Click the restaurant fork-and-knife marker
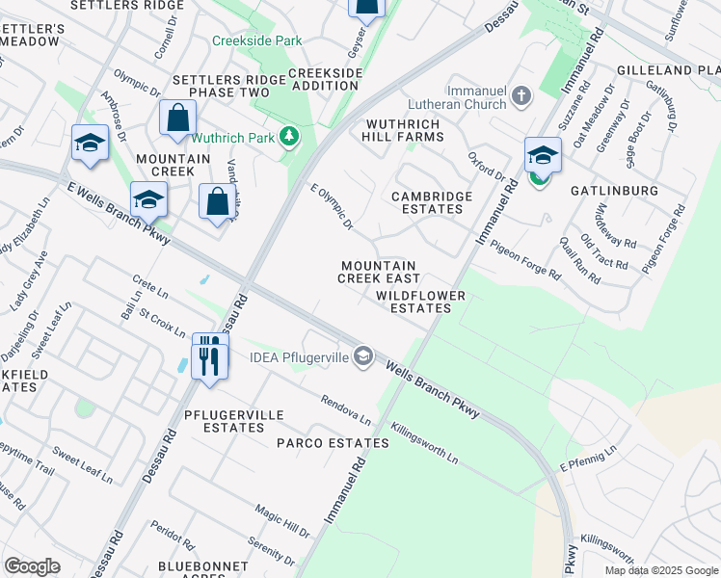click(x=209, y=357)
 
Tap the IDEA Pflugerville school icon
click(x=363, y=357)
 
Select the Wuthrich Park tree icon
click(x=288, y=138)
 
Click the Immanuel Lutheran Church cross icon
click(x=521, y=95)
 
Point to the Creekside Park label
click(x=257, y=40)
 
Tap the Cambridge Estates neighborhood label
click(x=432, y=202)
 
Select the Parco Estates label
click(x=333, y=443)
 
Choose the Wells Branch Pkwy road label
click(x=433, y=388)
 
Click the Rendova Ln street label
click(x=346, y=411)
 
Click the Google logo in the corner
click(x=32, y=566)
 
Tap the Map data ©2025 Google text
click(x=660, y=570)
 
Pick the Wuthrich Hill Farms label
click(x=402, y=131)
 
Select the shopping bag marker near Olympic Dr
click(x=178, y=118)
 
